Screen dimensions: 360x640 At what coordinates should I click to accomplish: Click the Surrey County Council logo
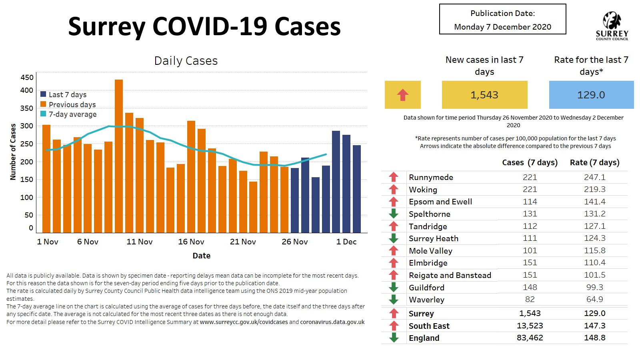pyautogui.click(x=612, y=26)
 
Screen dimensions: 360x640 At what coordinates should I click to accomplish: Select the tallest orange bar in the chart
pyautogui.click(x=119, y=156)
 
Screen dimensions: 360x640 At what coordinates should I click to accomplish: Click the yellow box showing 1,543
pyautogui.click(x=484, y=95)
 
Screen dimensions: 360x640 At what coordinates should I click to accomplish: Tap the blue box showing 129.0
pyautogui.click(x=591, y=95)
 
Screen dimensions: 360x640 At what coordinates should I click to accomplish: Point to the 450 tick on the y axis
pyautogui.click(x=27, y=78)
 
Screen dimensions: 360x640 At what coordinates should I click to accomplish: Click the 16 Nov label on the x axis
pyautogui.click(x=191, y=242)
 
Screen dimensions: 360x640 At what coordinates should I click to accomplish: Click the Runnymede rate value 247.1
pyautogui.click(x=594, y=177)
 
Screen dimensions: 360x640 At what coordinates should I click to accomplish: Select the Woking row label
pyautogui.click(x=423, y=190)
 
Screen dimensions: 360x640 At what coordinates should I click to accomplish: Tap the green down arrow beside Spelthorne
pyautogui.click(x=394, y=214)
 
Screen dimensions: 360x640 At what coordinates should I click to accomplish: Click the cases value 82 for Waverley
pyautogui.click(x=530, y=299)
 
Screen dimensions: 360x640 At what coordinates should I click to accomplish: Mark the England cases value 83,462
pyautogui.click(x=530, y=338)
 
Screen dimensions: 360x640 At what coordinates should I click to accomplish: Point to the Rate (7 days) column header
pyautogui.click(x=594, y=162)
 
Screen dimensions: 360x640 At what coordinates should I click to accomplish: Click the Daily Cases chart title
pyautogui.click(x=186, y=61)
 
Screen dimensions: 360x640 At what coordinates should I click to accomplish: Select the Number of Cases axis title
pyautogui.click(x=13, y=152)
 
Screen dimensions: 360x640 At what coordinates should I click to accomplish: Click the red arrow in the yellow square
pyautogui.click(x=402, y=95)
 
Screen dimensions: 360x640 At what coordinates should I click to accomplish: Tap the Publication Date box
pyautogui.click(x=502, y=20)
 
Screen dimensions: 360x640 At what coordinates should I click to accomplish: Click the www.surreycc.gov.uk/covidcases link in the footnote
pyautogui.click(x=244, y=322)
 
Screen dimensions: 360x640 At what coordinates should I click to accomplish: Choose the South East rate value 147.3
pyautogui.click(x=594, y=326)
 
